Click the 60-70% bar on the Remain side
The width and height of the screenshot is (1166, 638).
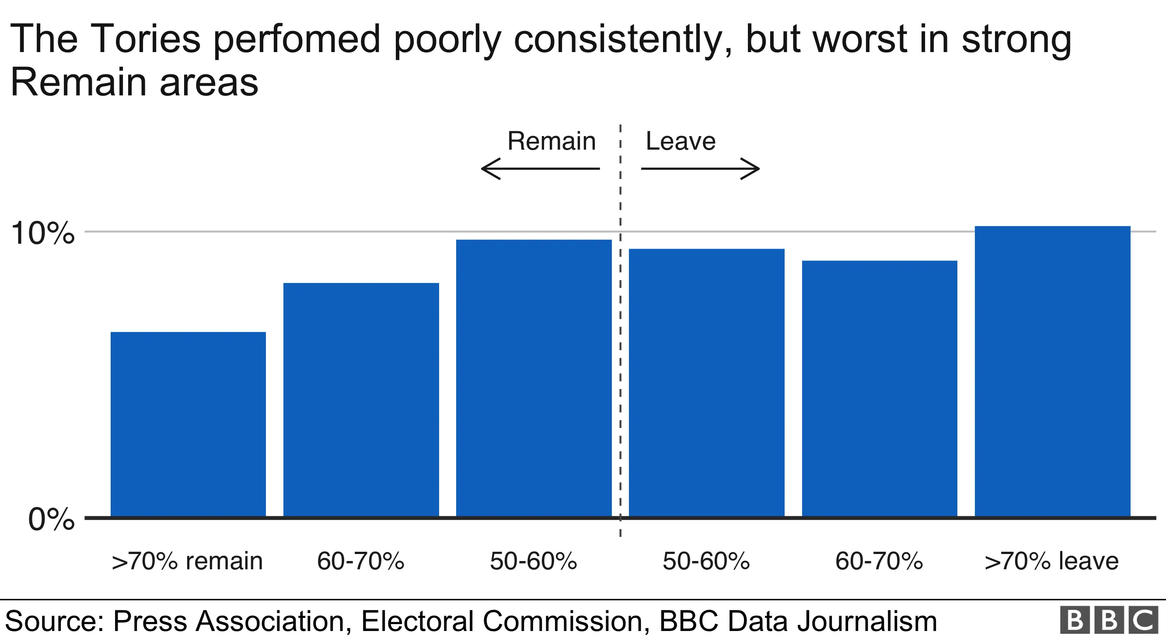(x=361, y=400)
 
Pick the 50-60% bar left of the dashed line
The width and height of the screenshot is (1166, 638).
(x=534, y=378)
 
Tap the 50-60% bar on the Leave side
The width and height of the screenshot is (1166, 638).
(x=706, y=382)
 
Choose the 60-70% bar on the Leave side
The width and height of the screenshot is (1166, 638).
(x=879, y=389)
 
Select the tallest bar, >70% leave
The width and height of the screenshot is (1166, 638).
(x=1052, y=372)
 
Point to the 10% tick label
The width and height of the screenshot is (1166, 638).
(x=42, y=234)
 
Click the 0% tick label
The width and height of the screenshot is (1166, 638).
(x=51, y=519)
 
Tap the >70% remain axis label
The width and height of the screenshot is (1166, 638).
(x=187, y=561)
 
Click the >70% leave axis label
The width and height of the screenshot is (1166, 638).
(x=1051, y=561)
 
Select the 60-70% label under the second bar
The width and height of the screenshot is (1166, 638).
(x=360, y=561)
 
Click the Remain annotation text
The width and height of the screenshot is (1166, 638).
(x=551, y=141)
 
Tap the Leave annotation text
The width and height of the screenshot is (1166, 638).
(x=681, y=141)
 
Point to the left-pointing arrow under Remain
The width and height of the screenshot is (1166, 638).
(x=540, y=169)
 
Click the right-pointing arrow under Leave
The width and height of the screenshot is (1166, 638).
(x=700, y=169)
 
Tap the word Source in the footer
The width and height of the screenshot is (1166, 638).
(x=54, y=621)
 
